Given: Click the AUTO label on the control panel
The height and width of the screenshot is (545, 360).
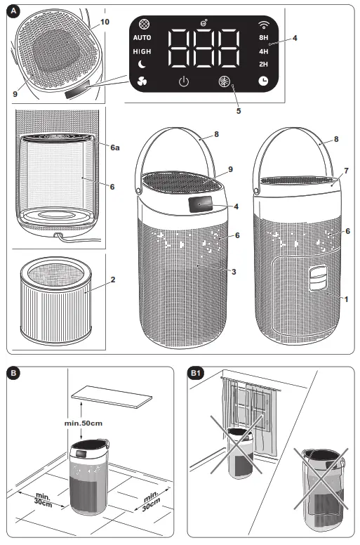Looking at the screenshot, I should [x=142, y=37].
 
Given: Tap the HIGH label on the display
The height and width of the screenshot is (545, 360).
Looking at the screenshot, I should [x=142, y=52].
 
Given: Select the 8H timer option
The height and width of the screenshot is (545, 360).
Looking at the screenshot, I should [x=263, y=37].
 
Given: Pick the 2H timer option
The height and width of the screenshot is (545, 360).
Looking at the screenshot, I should [x=263, y=64].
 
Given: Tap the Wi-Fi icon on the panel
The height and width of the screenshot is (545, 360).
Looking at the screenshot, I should [x=264, y=22].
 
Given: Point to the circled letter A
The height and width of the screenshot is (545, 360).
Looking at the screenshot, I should [x=16, y=11].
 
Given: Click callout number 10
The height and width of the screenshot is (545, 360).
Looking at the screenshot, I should [x=105, y=22].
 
